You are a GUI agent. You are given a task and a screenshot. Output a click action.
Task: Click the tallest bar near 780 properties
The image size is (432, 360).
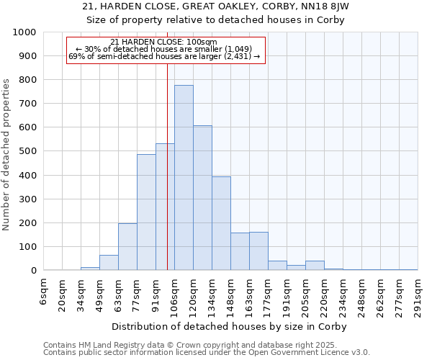coord(184,178)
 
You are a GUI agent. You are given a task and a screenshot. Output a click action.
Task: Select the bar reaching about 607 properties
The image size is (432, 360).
coord(202,198)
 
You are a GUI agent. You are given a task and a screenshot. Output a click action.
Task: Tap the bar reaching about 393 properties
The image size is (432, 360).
coord(221,223)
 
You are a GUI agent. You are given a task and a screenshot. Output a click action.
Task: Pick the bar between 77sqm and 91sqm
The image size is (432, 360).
coord(146,212)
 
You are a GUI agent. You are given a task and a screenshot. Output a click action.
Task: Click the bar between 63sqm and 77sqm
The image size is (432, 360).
coord(127,247)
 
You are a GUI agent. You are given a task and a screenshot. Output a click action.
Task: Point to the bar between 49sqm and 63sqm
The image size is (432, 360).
coord(109,263)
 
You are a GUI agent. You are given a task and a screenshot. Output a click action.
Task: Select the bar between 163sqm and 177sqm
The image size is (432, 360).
coord(258,251)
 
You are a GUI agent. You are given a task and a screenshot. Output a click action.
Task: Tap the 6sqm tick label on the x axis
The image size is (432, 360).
coord(44,294)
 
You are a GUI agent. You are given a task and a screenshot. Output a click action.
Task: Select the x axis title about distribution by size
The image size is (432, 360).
coord(230,327)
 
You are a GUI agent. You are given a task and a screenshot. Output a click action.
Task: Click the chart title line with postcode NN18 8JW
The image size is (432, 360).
coord(216,6)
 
